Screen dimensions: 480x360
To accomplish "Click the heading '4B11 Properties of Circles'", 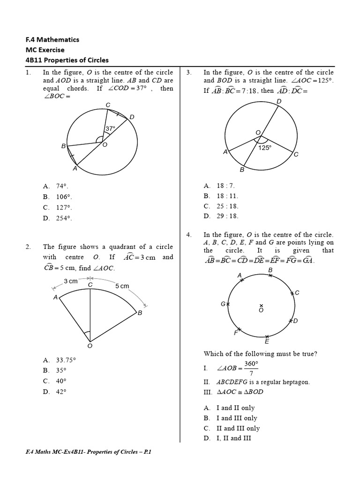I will pyautogui.click(x=67, y=60).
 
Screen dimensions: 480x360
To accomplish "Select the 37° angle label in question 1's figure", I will pyautogui.click(x=110, y=128).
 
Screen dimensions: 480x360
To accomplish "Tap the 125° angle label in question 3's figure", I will pyautogui.click(x=265, y=147).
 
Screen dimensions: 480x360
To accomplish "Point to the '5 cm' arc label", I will pyautogui.click(x=122, y=286).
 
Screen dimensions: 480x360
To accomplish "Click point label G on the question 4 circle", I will pyautogui.click(x=223, y=304).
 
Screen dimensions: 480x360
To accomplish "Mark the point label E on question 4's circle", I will pyautogui.click(x=267, y=342).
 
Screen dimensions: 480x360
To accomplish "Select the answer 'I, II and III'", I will pyautogui.click(x=227, y=438).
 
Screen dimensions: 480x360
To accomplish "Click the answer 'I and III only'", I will pyautogui.click(x=230, y=418).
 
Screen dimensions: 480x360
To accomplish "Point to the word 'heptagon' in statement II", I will pyautogui.click(x=296, y=382).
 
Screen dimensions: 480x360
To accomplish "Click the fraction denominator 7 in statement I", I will pyautogui.click(x=252, y=374).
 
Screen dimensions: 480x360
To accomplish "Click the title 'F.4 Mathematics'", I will pyautogui.click(x=52, y=39).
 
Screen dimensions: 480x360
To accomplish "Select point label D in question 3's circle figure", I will pyautogui.click(x=279, y=101).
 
